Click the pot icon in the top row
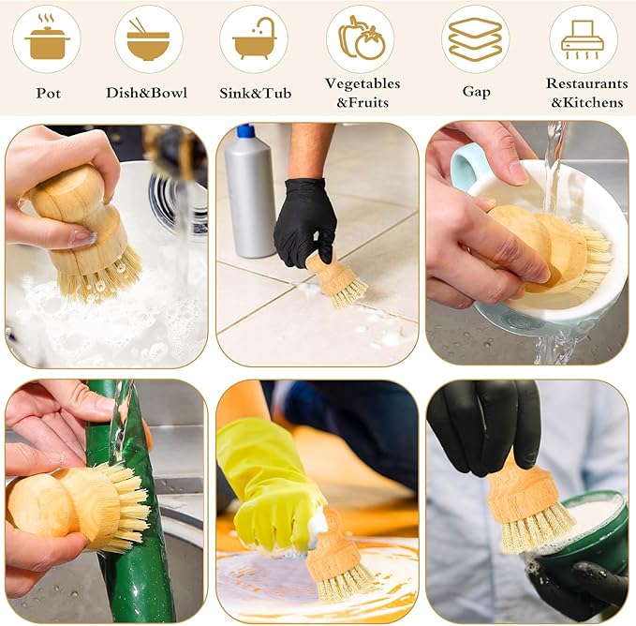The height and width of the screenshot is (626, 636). pos(46,39)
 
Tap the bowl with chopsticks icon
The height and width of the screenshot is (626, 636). pos(149,39)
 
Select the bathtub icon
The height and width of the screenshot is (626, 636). pos(253,39)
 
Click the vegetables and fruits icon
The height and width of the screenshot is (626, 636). pos(360,39)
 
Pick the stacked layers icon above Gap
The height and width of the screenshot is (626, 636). pos(476,39)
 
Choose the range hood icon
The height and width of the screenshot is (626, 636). pos(583,39)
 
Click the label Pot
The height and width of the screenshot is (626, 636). pos(49,93)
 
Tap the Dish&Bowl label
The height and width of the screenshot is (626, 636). pos(146,93)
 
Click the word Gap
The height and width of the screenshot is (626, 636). pos(477,92)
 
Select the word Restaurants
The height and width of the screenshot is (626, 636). pos(586,83)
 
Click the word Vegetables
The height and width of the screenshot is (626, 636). pos(362,83)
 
